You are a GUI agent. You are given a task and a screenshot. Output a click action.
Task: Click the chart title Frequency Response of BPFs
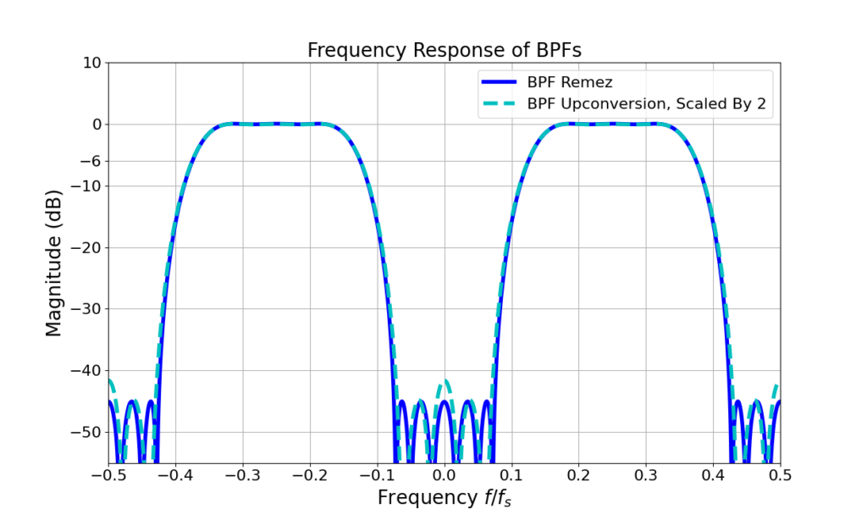(x=444, y=50)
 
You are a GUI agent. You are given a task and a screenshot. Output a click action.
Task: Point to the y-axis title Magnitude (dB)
(x=54, y=263)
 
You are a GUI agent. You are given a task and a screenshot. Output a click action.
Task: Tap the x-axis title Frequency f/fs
(x=444, y=497)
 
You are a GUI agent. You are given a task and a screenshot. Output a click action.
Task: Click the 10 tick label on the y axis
(x=91, y=63)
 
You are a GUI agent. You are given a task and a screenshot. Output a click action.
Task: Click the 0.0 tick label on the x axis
(x=445, y=475)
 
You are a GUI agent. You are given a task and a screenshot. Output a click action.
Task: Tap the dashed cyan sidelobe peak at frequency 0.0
(x=445, y=382)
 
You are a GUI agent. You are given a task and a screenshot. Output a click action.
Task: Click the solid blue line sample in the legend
(x=500, y=83)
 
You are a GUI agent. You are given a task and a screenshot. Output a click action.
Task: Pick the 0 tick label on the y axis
(x=96, y=124)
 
